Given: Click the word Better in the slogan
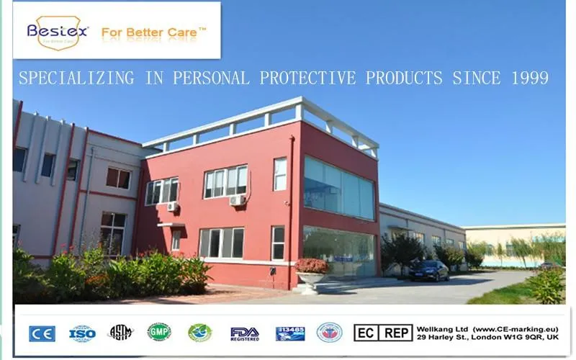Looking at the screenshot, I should (x=150, y=32).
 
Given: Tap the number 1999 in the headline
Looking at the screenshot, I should (x=528, y=78).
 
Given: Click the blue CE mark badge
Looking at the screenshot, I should (x=42, y=333).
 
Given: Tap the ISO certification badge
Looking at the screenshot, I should (x=82, y=333).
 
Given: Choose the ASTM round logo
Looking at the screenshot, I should (x=121, y=333).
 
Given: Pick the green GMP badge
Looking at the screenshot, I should (x=159, y=332).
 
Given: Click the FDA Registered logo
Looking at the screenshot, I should (x=245, y=333).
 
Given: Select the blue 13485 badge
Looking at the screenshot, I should (x=289, y=333).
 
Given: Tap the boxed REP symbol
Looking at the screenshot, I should (x=397, y=333).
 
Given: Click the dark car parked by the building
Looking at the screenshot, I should (x=428, y=270).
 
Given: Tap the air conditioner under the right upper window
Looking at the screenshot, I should (x=238, y=201).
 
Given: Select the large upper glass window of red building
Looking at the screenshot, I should (x=338, y=187).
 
